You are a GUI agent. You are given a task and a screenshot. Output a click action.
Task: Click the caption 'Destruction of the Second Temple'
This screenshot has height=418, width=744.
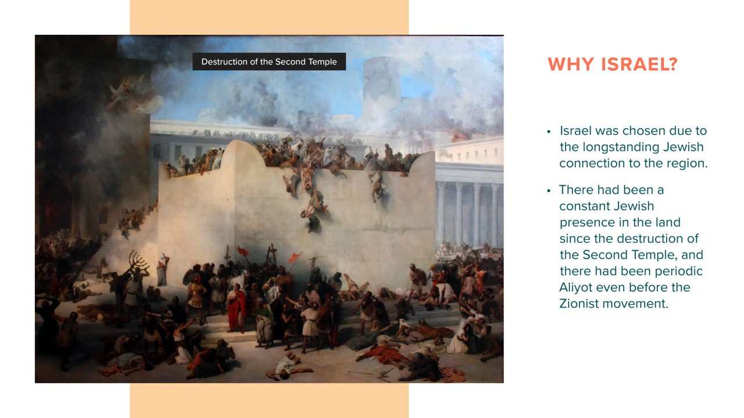pos(269,62)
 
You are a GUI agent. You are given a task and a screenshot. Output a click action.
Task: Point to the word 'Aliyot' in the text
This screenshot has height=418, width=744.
pos(575,287)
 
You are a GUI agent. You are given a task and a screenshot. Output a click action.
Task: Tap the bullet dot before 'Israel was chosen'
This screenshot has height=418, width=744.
pos(549,132)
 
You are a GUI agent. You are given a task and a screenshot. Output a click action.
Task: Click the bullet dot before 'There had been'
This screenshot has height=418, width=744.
pos(549,191)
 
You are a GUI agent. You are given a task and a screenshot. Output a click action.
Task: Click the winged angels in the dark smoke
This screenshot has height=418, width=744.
pos(130,95)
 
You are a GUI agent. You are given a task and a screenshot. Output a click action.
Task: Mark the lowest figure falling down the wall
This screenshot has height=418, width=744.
pos(313,222)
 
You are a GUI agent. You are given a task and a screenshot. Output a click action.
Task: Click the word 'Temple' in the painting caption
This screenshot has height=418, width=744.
pos(322,62)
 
